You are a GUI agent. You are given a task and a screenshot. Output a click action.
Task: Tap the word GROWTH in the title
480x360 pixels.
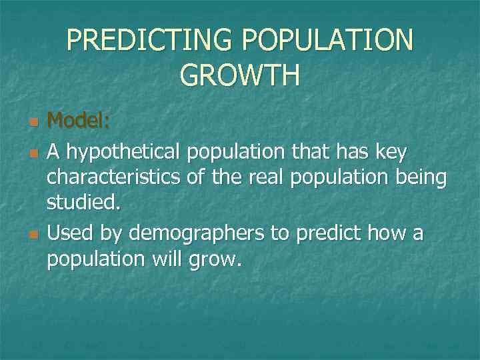pos(240,75)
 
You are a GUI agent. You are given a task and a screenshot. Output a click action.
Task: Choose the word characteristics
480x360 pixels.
pos(114,179)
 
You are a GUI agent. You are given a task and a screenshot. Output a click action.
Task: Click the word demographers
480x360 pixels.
pos(197,234)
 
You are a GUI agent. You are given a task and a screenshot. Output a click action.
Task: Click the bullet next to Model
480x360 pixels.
pos(33,123)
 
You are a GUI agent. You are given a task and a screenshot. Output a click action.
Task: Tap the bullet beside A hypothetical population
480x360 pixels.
pos(33,155)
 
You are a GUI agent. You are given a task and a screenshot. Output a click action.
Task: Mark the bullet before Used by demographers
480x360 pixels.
pos(33,235)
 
